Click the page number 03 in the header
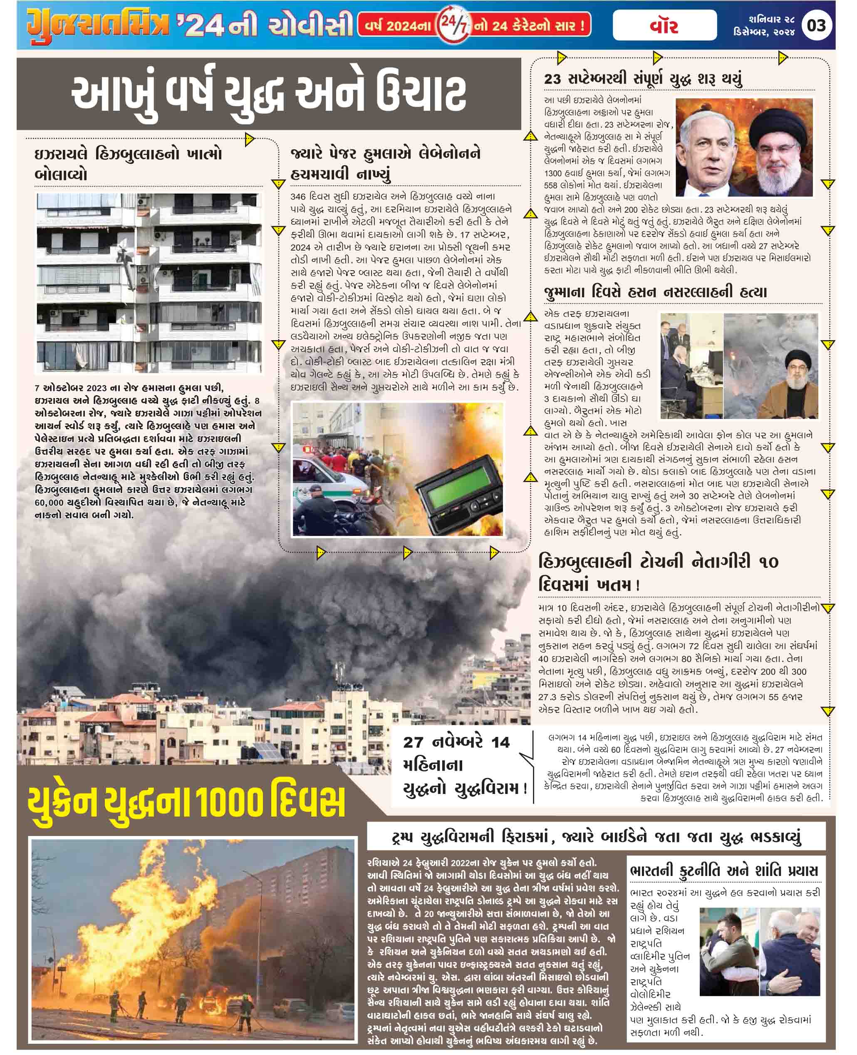pyautogui.click(x=817, y=25)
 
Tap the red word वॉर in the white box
pyautogui.click(x=664, y=26)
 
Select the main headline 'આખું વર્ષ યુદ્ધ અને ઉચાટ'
pyautogui.click(x=269, y=95)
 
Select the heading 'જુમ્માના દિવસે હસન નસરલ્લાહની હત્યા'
pyautogui.click(x=655, y=292)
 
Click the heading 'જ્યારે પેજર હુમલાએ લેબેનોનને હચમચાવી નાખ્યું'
pyautogui.click(x=386, y=164)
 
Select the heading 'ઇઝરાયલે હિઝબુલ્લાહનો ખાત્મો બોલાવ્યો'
pyautogui.click(x=129, y=164)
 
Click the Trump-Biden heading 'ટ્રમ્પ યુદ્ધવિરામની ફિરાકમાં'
pyautogui.click(x=596, y=837)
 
